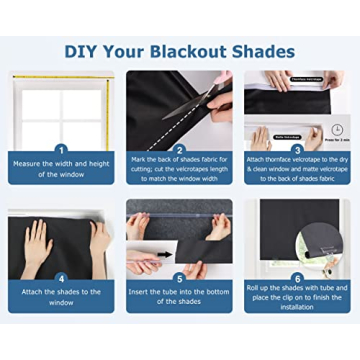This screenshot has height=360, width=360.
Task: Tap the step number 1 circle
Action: tap(61, 149)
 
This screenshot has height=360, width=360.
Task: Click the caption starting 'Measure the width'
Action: tap(61, 169)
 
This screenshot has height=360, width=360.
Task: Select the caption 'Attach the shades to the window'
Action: tap(61, 297)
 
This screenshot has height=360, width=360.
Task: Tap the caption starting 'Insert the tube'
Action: tap(180, 297)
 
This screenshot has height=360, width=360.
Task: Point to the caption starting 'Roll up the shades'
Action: tap(297, 298)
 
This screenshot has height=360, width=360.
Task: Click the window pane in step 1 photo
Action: tap(45, 105)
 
